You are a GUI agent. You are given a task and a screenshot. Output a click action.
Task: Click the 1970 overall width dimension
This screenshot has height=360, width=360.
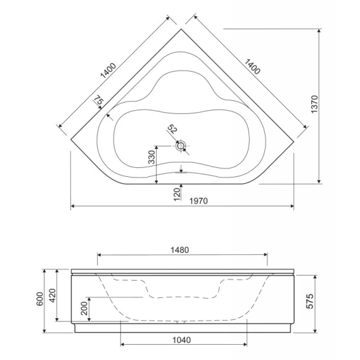[x=198, y=201]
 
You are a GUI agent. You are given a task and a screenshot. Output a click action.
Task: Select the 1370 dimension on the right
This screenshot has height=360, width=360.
[x=314, y=104]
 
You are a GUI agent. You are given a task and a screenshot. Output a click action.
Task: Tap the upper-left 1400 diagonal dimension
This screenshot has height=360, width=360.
[x=108, y=70]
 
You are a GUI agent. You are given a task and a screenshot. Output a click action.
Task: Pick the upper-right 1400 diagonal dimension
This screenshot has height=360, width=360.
[x=252, y=67]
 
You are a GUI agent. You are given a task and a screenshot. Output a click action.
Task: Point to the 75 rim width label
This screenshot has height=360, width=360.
[x=100, y=100]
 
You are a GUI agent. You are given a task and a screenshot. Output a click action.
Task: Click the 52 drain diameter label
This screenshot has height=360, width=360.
[x=172, y=129]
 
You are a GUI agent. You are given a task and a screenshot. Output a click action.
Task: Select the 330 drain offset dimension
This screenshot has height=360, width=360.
[x=151, y=157]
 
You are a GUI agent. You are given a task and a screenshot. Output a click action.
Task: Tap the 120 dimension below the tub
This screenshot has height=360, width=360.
[x=177, y=195]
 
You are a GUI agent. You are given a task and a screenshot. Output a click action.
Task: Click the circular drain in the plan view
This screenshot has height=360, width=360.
[x=181, y=146]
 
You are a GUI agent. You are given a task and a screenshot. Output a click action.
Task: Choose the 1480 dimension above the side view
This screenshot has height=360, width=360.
[x=180, y=250]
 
